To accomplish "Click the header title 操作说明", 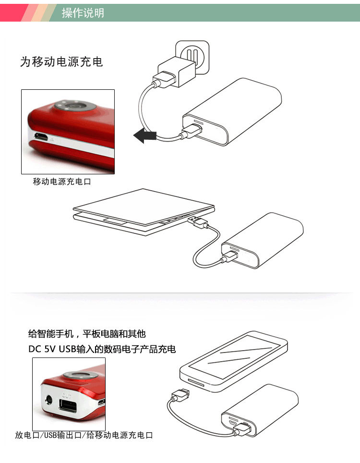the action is pos(83,12).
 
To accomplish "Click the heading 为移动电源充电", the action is pos(61,61).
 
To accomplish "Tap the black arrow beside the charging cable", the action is pos(144,136).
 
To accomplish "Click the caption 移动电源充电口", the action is pos(61,181).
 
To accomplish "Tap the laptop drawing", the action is pos(144,211).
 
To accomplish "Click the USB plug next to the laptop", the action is pos(198,221).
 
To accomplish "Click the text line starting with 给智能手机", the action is pos(87,334).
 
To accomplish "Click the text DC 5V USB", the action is pos(52,349).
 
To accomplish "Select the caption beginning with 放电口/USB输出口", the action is pos(84,435).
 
